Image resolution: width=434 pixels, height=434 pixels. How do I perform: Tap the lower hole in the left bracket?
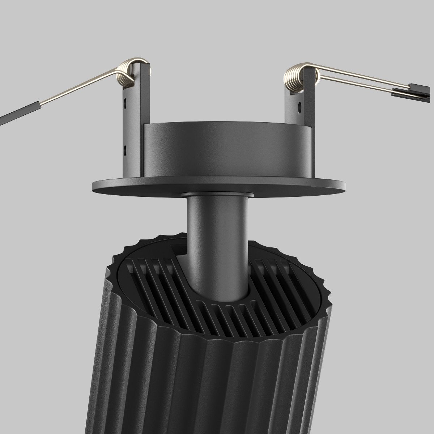coord(125,148)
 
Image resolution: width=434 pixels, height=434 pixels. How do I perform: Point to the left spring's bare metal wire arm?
coord(80,90)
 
